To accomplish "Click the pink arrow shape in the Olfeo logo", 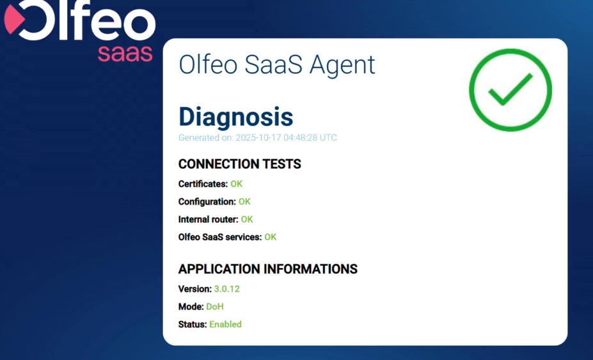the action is pos(13,20).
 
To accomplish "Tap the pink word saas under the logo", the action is pos(125,54).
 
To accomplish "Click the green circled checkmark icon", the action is pos(510,90).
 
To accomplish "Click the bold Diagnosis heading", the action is pos(235,116).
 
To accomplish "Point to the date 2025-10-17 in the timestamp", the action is pos(258,137).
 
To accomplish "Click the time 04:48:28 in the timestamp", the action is pos(300,137).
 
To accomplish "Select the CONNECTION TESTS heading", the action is pos(240,164).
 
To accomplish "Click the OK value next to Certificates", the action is pos(236,184).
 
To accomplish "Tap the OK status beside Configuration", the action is pos(244,202).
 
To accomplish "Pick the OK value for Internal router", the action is pos(247,220).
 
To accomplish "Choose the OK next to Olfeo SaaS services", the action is pos(271,237).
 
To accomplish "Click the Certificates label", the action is pos(203,184).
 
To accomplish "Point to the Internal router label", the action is pos(209,220).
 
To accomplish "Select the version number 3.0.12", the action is pos(227,289).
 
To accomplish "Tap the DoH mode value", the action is pos(215,307).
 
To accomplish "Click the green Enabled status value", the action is pos(225,324).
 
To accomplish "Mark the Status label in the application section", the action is pos(193,324).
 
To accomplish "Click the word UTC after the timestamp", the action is pos(328,137).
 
